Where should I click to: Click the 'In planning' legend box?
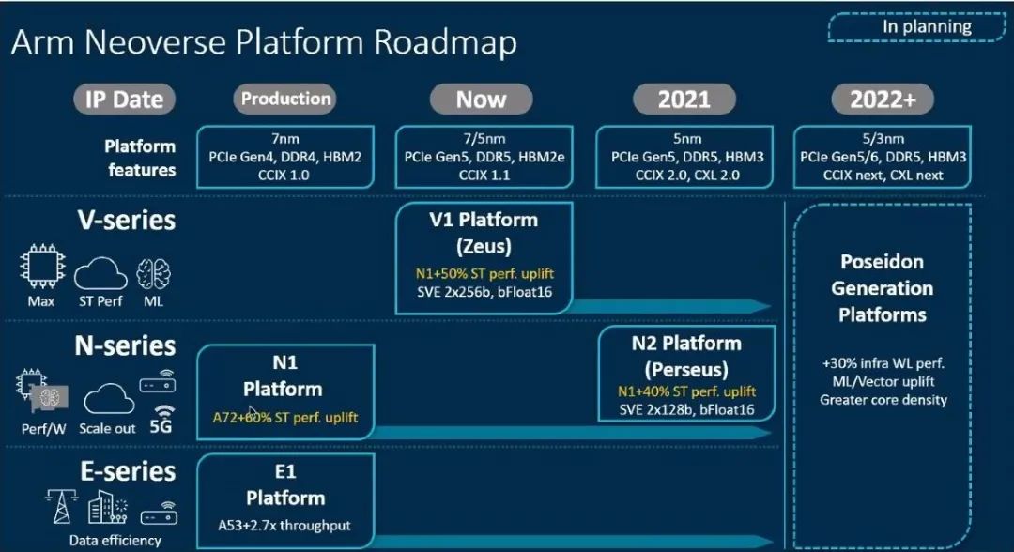coord(917,27)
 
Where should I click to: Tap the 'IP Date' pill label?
coord(124,100)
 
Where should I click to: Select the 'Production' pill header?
coord(285,99)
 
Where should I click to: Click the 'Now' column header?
coord(481,100)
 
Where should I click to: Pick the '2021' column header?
coord(684,100)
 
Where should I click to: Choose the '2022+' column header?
coord(883,100)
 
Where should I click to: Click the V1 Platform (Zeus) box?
coord(484,258)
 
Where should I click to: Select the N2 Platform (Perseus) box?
coord(686,374)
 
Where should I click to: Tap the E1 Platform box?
coord(285,501)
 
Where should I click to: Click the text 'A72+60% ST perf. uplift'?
coord(285,418)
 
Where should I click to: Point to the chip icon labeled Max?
coord(42,266)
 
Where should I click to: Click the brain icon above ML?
coord(153,273)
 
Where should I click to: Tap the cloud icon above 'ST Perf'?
coord(100,273)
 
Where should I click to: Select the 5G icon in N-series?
coord(161,420)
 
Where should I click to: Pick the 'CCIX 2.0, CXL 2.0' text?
coord(686,176)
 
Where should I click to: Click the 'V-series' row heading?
coord(127,221)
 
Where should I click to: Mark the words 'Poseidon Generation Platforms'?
coord(882,288)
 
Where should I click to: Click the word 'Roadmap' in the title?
coord(446,42)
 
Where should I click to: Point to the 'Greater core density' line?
coord(883,400)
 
